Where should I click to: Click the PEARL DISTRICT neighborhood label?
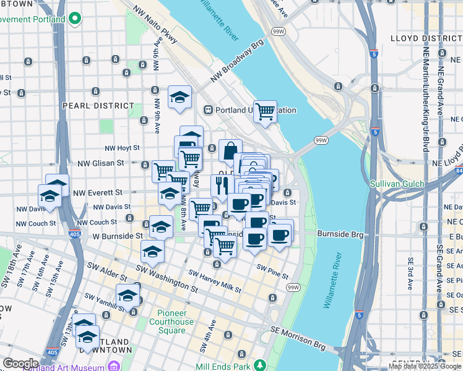(x=98, y=106)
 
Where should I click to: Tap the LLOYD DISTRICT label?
(x=426, y=38)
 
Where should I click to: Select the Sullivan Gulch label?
(x=397, y=184)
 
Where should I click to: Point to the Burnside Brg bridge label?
(x=339, y=234)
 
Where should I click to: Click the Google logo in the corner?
(x=20, y=364)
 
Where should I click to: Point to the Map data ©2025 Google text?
(x=424, y=367)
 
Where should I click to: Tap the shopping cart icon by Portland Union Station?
(x=265, y=113)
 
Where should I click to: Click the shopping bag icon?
(x=230, y=151)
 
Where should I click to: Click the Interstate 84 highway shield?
(x=458, y=170)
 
